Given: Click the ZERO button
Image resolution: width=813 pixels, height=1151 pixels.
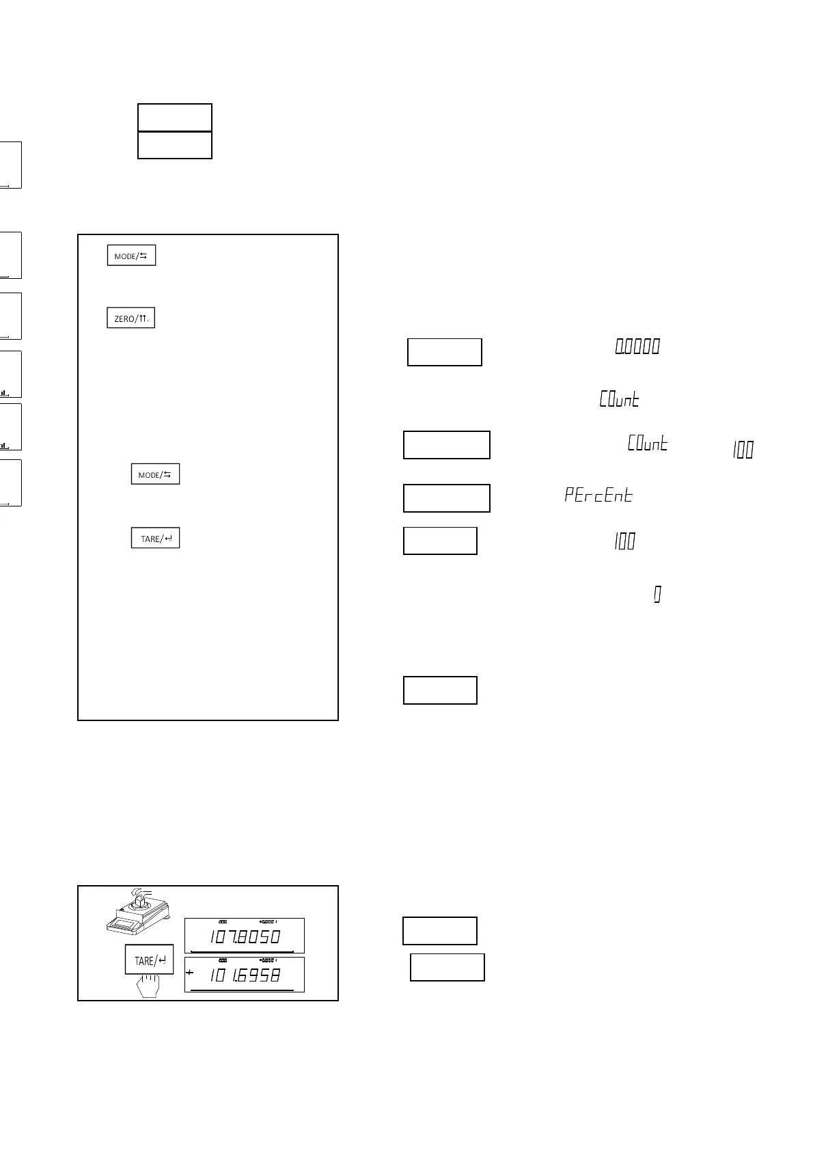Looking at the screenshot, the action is point(131,319).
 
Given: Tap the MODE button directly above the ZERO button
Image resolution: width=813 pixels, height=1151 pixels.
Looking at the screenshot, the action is point(131,256).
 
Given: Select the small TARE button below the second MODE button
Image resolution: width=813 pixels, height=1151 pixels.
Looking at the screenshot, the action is point(155,539).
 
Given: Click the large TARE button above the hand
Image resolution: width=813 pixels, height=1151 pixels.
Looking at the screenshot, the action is point(150,960).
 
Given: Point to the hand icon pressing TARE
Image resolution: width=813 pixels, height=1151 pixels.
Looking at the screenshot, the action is point(148,986).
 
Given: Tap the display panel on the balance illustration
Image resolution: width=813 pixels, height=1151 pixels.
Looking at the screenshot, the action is point(125,925).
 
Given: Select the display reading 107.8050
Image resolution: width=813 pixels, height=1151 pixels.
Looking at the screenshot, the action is point(245,936).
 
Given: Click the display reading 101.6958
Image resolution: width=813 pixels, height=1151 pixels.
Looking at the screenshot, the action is point(245,975).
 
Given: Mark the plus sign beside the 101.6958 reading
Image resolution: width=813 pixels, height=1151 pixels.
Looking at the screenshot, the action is point(189,973).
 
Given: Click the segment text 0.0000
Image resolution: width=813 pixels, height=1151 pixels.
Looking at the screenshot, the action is point(637,347).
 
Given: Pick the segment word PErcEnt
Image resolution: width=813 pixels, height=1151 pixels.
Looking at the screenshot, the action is point(598,495).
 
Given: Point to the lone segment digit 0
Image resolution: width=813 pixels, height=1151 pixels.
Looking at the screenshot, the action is point(657,595).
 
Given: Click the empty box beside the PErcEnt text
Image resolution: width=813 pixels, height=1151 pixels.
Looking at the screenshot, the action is point(447,498).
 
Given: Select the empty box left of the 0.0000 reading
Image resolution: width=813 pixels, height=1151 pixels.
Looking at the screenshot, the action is point(445,352).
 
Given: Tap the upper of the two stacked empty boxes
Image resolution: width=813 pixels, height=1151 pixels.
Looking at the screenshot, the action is point(175,118).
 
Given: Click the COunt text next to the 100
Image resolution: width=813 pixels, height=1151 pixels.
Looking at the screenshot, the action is point(647,444).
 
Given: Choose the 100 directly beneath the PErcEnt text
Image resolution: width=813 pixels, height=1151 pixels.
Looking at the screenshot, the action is point(624,542).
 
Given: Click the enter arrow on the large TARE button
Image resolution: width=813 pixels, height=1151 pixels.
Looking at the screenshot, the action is point(163,960).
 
